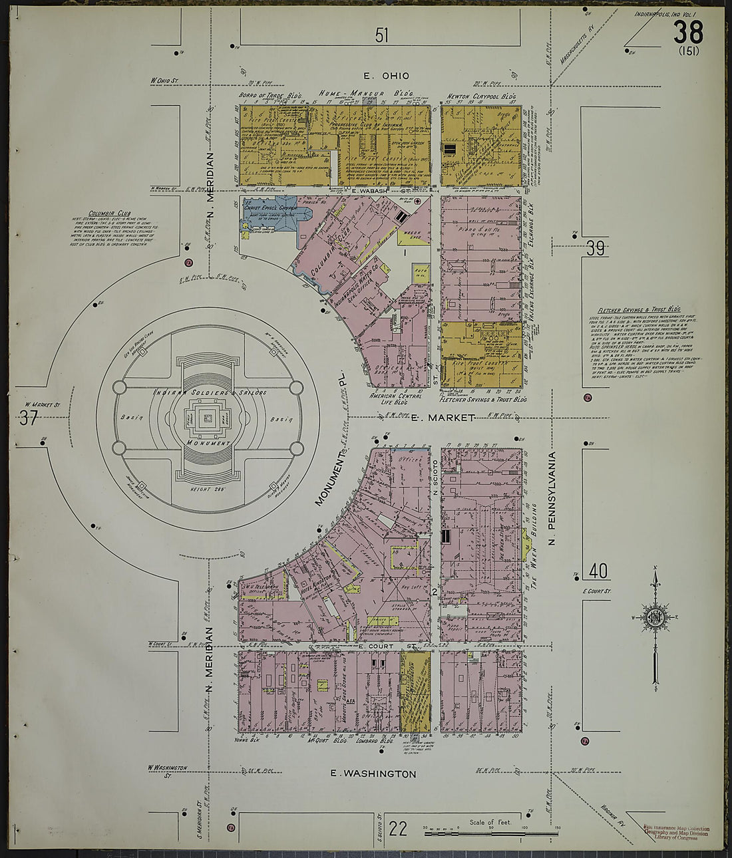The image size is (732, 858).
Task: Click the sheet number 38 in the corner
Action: click(x=688, y=31)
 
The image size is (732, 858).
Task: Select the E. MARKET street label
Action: click(x=443, y=418)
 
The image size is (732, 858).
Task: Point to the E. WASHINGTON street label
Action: click(x=373, y=774)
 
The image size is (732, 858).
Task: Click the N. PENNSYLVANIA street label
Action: click(x=552, y=500)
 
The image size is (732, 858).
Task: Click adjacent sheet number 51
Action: click(x=381, y=35)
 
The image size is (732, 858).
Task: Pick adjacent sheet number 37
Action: click(x=28, y=418)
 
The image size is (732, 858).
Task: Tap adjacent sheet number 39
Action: click(x=596, y=249)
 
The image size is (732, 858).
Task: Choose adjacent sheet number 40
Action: click(x=598, y=571)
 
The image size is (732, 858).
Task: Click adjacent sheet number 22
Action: click(x=397, y=829)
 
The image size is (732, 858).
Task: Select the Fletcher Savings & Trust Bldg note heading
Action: click(x=638, y=310)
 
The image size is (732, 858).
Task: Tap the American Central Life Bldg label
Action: click(x=397, y=398)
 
